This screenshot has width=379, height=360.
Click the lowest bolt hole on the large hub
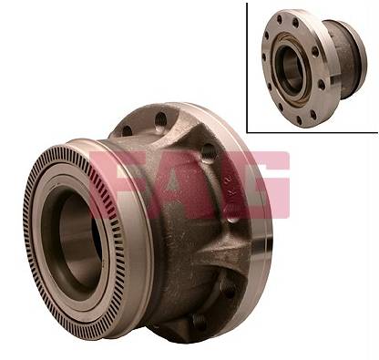pos(199,321)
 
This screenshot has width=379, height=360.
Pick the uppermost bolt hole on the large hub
pos(160,119)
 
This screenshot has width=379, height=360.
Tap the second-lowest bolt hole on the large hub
pos(229,289)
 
